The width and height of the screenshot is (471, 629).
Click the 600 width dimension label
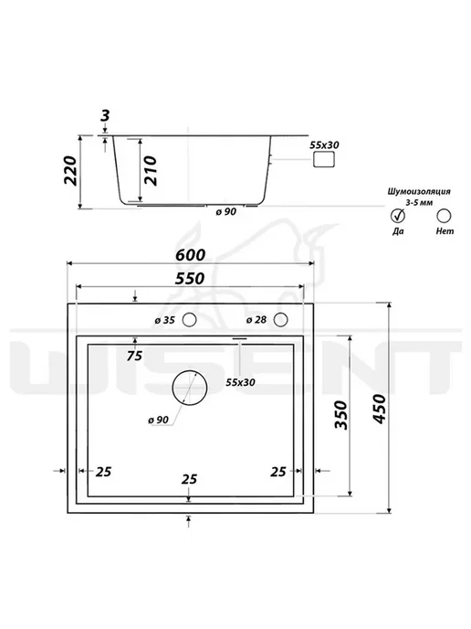(190, 255)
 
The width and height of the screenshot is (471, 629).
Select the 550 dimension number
(190, 278)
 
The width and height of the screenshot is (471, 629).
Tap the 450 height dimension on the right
(379, 409)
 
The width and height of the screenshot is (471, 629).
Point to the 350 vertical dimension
(340, 415)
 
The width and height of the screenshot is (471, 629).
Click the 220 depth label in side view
(70, 170)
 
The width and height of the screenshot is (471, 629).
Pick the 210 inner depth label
(151, 170)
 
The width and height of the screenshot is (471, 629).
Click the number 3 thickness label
(105, 116)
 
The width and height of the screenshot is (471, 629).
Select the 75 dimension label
(134, 356)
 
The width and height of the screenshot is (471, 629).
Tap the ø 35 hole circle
(190, 320)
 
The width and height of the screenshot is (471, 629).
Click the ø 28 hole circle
(281, 320)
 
